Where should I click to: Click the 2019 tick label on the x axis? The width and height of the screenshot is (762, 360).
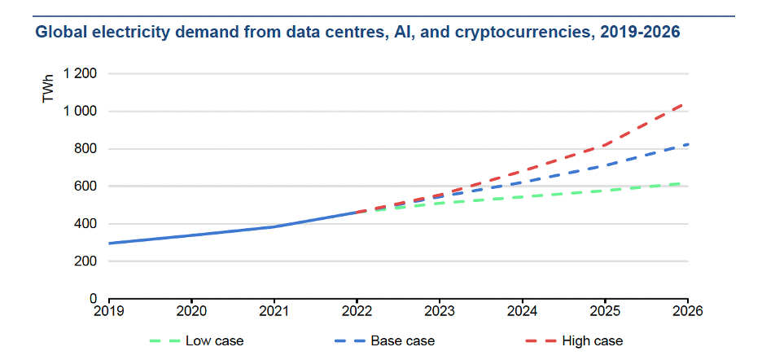pyautogui.click(x=108, y=310)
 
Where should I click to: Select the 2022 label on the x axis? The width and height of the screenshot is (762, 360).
pyautogui.click(x=357, y=310)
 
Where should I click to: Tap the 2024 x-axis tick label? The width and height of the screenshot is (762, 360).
pyautogui.click(x=522, y=310)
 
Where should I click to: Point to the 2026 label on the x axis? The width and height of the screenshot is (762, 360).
pyautogui.click(x=688, y=310)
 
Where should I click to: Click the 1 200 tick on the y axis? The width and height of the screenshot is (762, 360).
pyautogui.click(x=81, y=74)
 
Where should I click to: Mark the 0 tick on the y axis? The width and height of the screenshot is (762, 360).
pyautogui.click(x=94, y=299)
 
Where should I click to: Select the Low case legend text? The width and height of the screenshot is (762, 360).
pyautogui.click(x=214, y=340)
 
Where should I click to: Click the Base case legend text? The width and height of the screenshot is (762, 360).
pyautogui.click(x=402, y=340)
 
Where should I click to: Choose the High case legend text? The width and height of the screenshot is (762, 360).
pyautogui.click(x=593, y=340)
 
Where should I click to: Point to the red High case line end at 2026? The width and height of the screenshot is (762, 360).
pyautogui.click(x=687, y=103)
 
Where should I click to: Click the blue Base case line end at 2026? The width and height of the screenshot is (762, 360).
pyautogui.click(x=687, y=144)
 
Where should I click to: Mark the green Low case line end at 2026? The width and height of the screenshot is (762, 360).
pyautogui.click(x=687, y=184)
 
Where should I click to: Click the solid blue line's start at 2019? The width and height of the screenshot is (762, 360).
pyautogui.click(x=109, y=243)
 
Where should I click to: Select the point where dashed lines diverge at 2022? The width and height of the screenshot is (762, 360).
pyautogui.click(x=357, y=212)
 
